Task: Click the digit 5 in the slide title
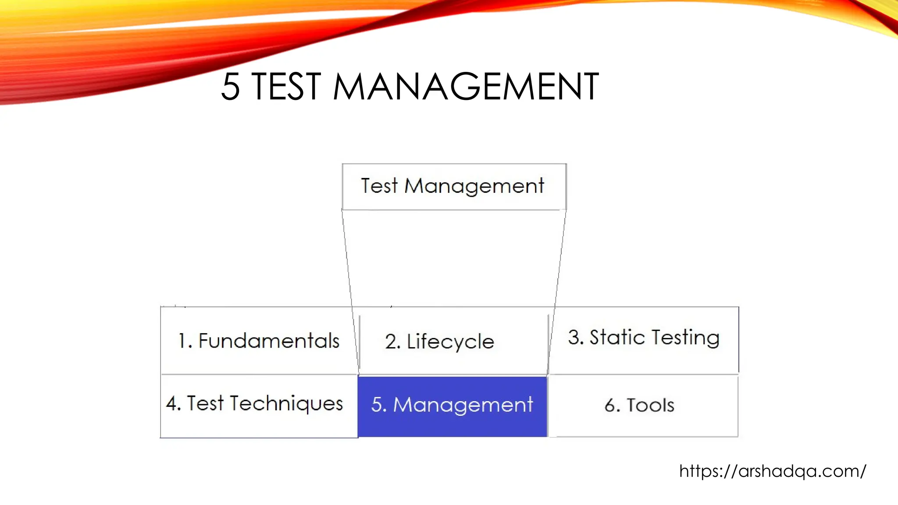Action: click(231, 87)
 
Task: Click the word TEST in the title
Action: click(287, 87)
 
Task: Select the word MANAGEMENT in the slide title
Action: click(466, 87)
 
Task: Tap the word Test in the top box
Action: click(379, 186)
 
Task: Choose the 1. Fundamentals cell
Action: click(259, 341)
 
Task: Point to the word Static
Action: click(617, 338)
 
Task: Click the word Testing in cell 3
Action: click(686, 338)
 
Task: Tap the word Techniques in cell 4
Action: click(286, 404)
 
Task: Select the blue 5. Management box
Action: click(453, 405)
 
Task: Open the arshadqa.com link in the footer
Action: click(773, 471)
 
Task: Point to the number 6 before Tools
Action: click(610, 405)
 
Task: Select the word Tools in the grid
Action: click(650, 405)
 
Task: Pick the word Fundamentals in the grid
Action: click(269, 341)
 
